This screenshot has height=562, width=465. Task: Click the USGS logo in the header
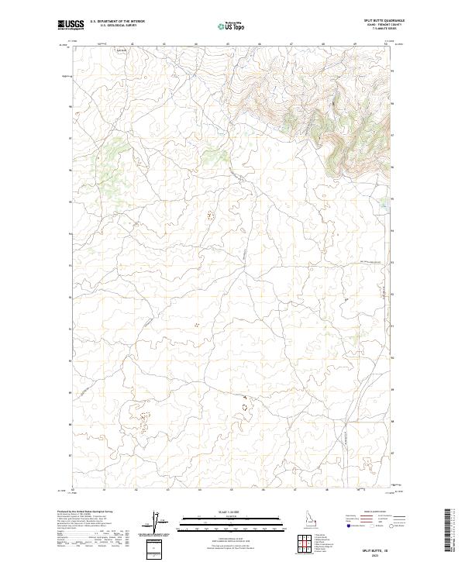pyautogui.click(x=71, y=25)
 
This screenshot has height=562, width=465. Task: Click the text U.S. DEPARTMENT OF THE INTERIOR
pyautogui.click(x=117, y=21)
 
